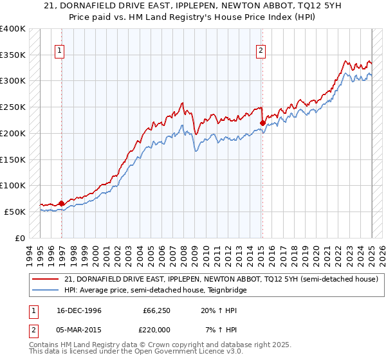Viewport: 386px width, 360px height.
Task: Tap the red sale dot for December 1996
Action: coord(62,203)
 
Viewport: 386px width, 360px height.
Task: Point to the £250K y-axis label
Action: coord(13,107)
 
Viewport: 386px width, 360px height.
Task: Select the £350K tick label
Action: coord(13,55)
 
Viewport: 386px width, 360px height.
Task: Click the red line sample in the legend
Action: coord(45,280)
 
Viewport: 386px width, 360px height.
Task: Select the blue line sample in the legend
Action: coord(45,290)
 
